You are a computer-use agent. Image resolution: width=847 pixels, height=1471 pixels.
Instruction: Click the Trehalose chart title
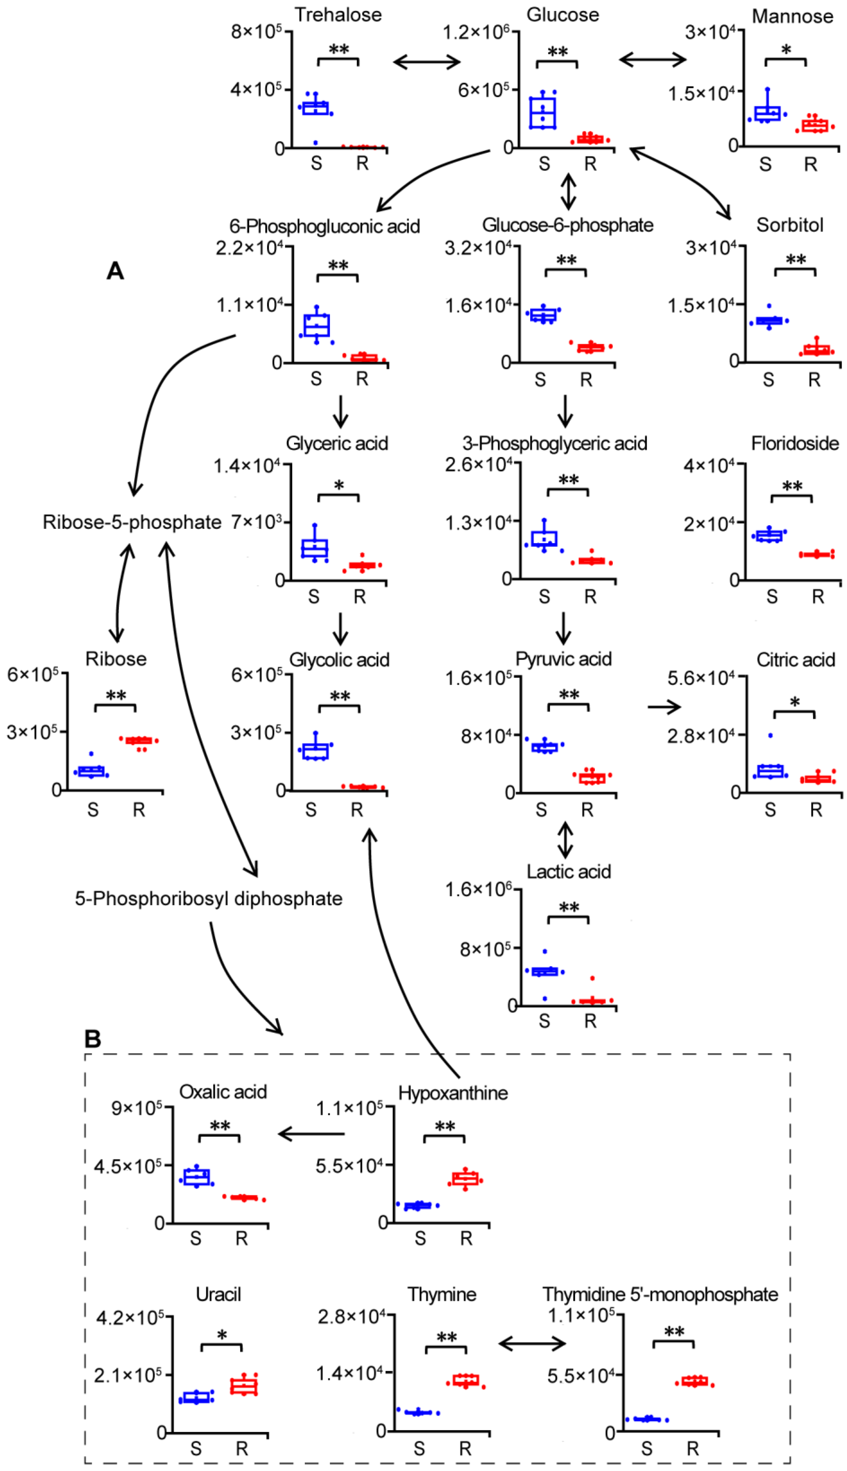point(338,15)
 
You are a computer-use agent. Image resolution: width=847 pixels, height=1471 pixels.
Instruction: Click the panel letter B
point(92,1038)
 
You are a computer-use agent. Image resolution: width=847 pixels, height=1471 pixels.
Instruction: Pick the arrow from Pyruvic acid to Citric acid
point(664,707)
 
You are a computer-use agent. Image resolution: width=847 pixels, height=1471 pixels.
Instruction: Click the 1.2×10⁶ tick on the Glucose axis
point(476,32)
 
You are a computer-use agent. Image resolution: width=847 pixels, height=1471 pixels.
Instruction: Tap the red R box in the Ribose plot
point(140,741)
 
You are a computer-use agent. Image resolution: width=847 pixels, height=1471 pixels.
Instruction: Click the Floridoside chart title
point(795,444)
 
